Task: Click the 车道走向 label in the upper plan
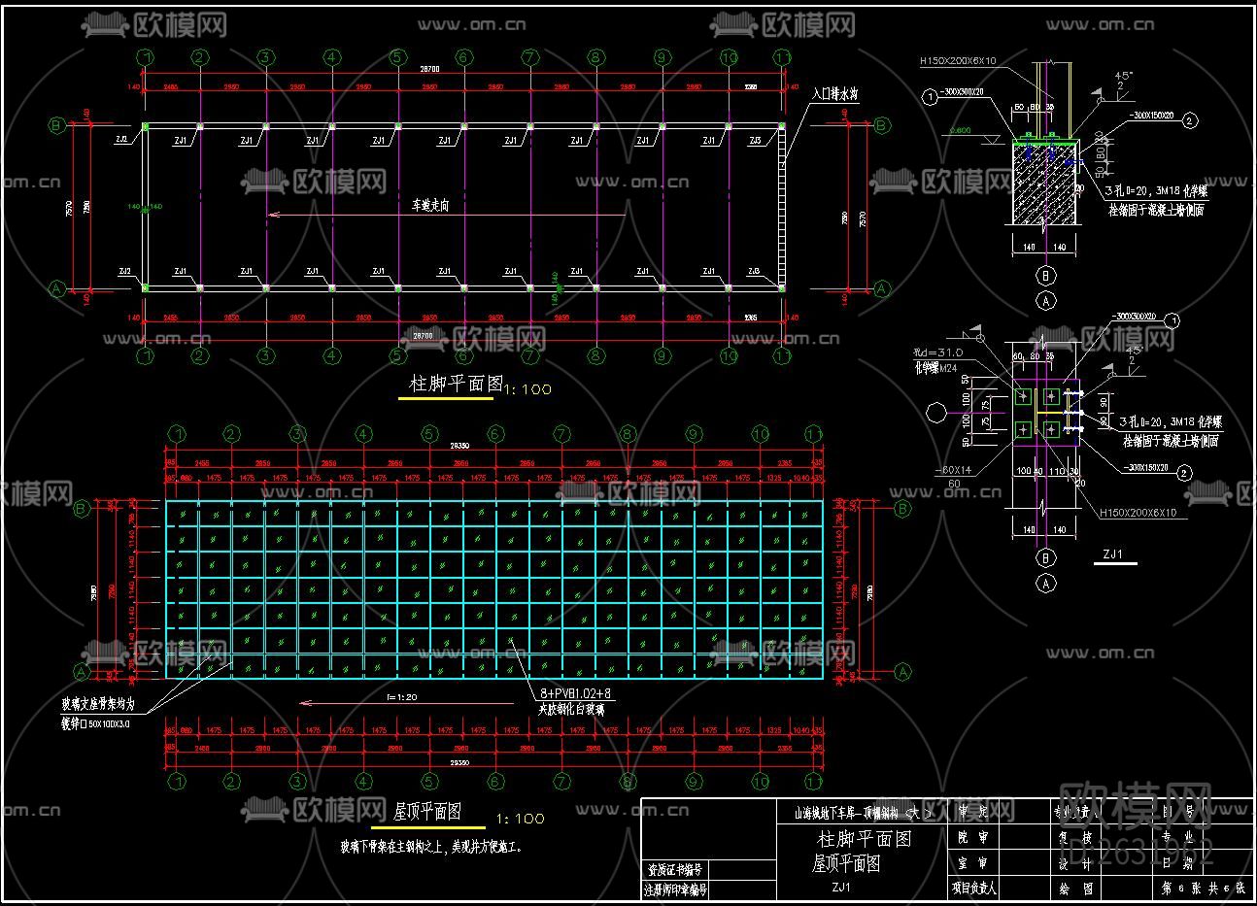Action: click(430, 206)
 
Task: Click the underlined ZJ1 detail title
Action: click(1112, 555)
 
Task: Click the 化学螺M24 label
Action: click(934, 368)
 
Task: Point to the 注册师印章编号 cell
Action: click(675, 889)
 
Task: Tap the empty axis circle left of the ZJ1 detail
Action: click(935, 414)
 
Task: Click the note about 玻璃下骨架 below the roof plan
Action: click(431, 847)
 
